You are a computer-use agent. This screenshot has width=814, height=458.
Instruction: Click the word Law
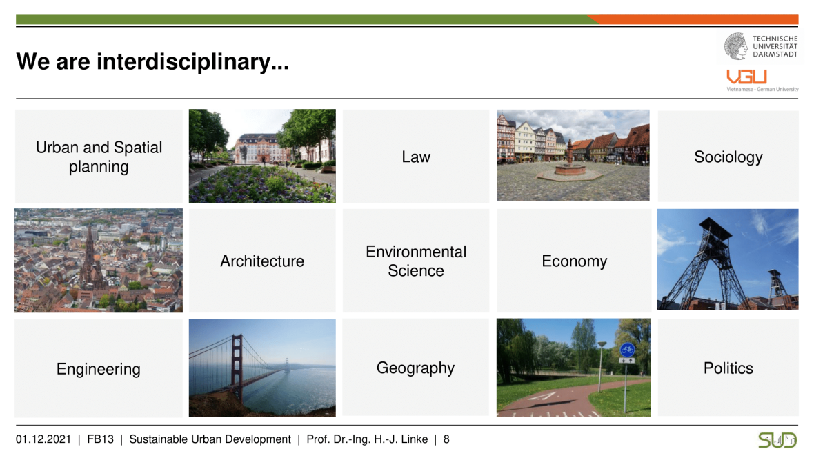[x=416, y=157]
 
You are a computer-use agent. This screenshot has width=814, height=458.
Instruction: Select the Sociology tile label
[x=728, y=157]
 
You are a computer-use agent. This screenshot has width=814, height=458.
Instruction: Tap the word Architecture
[x=262, y=261]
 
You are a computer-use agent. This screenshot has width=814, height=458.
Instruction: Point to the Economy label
[x=574, y=261]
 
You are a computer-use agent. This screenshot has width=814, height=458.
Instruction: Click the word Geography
[x=415, y=368]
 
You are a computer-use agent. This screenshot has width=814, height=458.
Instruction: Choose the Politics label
[x=728, y=368]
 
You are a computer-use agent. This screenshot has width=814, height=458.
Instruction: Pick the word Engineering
[x=99, y=369]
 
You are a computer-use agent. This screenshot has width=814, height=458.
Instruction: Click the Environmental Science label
[x=416, y=261]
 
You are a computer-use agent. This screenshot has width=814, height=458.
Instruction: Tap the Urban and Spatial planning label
[x=99, y=157]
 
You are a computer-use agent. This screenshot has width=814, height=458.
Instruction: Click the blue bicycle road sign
[x=627, y=350]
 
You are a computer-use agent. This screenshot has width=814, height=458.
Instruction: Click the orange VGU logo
[x=746, y=77]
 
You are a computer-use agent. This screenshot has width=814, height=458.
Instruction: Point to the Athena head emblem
[x=736, y=46]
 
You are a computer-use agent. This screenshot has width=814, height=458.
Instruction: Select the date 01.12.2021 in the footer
[x=43, y=439]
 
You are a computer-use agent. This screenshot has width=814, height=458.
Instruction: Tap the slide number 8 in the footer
[x=446, y=439]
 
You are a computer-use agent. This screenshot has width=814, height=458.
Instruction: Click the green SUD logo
[x=777, y=440]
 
